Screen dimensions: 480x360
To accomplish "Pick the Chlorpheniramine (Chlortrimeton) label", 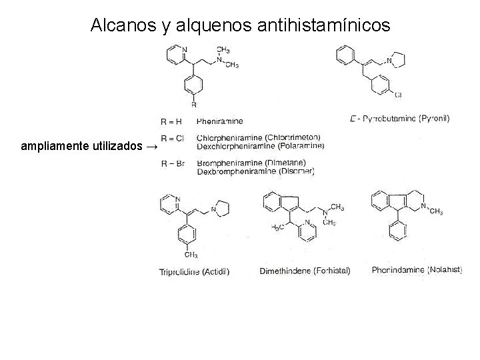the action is pyautogui.click(x=259, y=138).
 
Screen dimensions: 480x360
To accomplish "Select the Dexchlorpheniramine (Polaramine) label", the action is pyautogui.click(x=261, y=146).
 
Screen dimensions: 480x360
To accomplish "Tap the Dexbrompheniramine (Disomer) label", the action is pyautogui.click(x=255, y=171).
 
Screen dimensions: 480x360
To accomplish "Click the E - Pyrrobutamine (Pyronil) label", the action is pyautogui.click(x=399, y=119).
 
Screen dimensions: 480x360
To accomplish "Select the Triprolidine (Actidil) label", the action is pyautogui.click(x=195, y=271).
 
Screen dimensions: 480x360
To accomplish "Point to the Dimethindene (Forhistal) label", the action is pyautogui.click(x=304, y=271).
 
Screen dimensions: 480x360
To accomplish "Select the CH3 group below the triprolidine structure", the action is pyautogui.click(x=191, y=255).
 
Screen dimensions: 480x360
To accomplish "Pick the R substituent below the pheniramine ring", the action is pyautogui.click(x=193, y=104).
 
